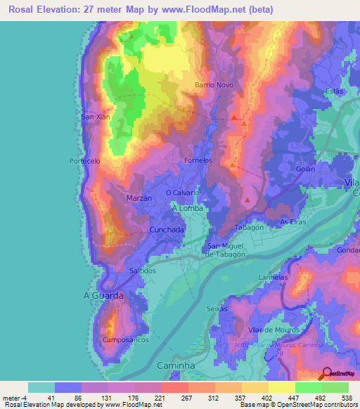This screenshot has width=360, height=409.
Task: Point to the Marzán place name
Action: coord(139,199)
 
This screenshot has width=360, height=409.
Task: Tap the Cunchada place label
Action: coord(167,230)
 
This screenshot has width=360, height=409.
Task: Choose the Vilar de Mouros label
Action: coord(274,330)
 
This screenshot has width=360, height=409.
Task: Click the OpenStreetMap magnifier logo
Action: coord(326,374)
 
